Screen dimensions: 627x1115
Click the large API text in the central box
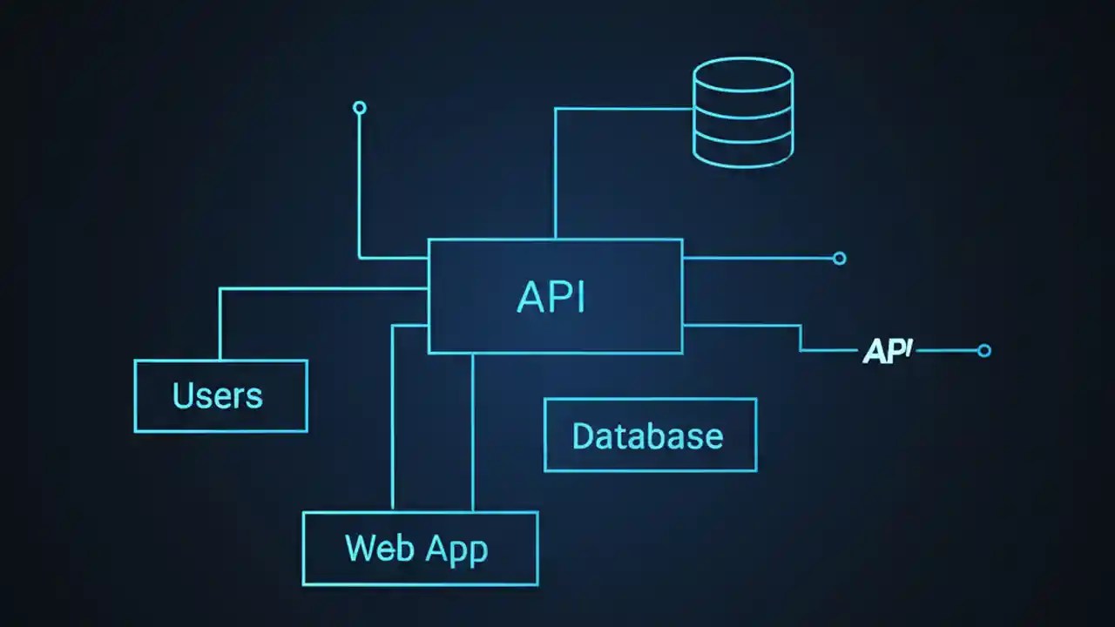point(551,297)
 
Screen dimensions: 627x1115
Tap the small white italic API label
point(887,351)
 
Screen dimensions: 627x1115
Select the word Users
point(218,396)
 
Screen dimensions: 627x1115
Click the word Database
point(647,435)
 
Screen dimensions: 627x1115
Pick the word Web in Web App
point(373,549)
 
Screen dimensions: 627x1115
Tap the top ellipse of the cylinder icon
point(743,73)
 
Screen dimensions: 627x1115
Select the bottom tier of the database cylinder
point(743,150)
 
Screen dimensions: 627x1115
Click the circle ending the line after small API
point(984,351)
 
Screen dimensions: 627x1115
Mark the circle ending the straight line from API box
point(839,258)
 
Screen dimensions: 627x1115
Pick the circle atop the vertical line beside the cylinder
point(359,108)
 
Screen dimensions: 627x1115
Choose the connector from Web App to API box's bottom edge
point(472,435)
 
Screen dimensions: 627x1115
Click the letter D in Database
point(583,435)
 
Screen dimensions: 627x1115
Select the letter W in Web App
point(359,549)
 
